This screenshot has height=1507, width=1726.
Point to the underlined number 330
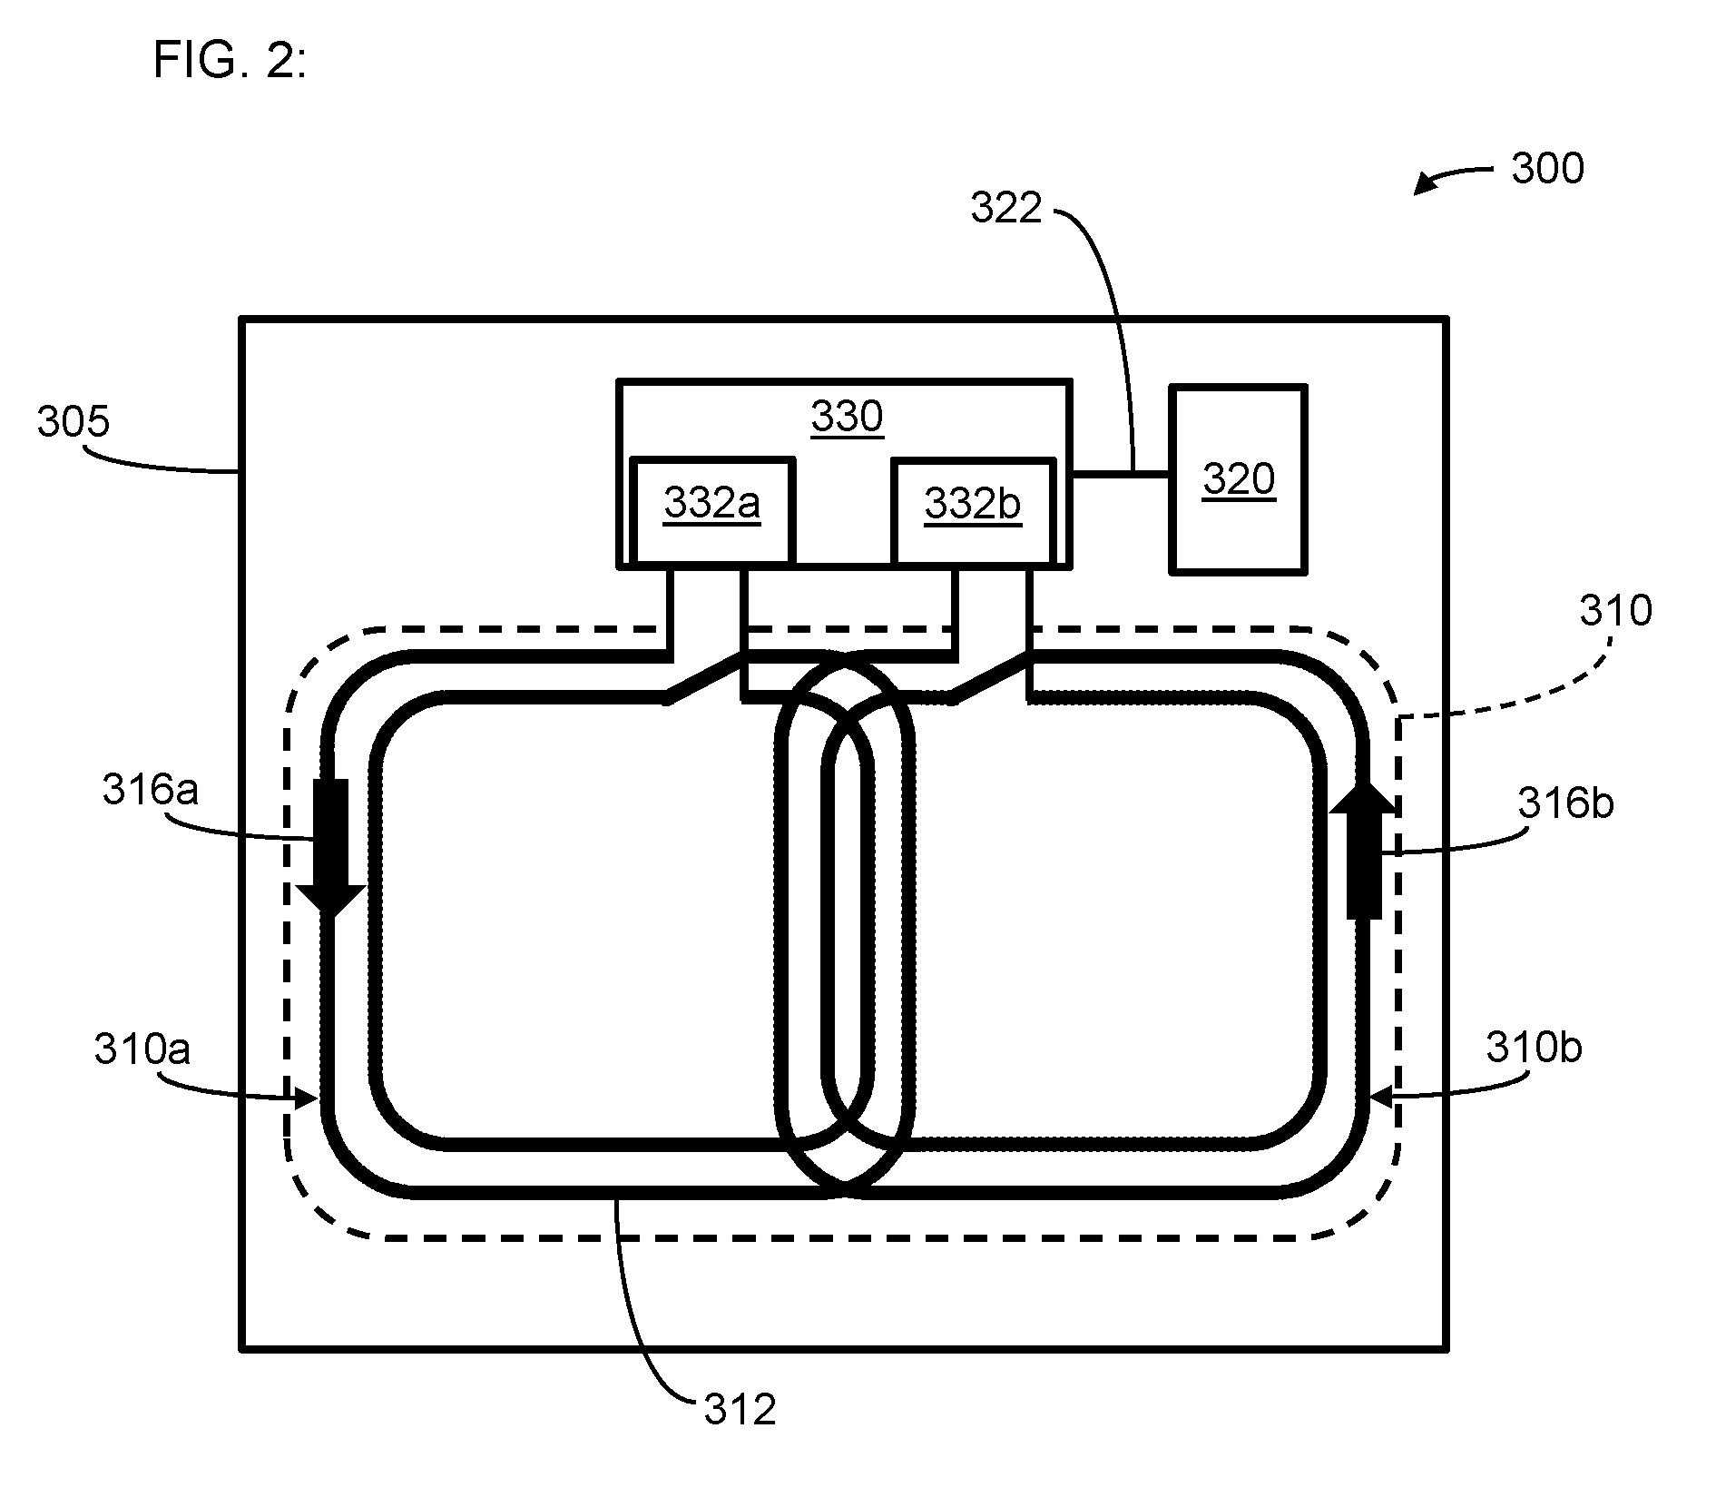pyautogui.click(x=847, y=417)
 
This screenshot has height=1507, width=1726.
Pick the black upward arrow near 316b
pyautogui.click(x=1364, y=849)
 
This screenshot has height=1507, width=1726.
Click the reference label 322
pyautogui.click(x=1006, y=208)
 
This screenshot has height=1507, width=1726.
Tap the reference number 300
pyautogui.click(x=1548, y=169)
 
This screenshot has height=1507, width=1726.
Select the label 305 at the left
pyautogui.click(x=74, y=422)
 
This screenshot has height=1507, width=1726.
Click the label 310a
pyautogui.click(x=142, y=1049)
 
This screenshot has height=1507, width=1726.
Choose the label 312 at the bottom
pyautogui.click(x=740, y=1410)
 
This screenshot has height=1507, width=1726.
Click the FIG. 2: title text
pyautogui.click(x=230, y=61)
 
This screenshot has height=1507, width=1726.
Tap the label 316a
pyautogui.click(x=150, y=790)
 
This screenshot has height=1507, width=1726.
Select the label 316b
pyautogui.click(x=1566, y=803)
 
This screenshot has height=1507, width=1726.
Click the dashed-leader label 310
pyautogui.click(x=1615, y=611)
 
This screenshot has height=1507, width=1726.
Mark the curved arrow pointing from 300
pyautogui.click(x=1453, y=176)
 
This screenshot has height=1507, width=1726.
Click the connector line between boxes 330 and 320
pyautogui.click(x=1121, y=473)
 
